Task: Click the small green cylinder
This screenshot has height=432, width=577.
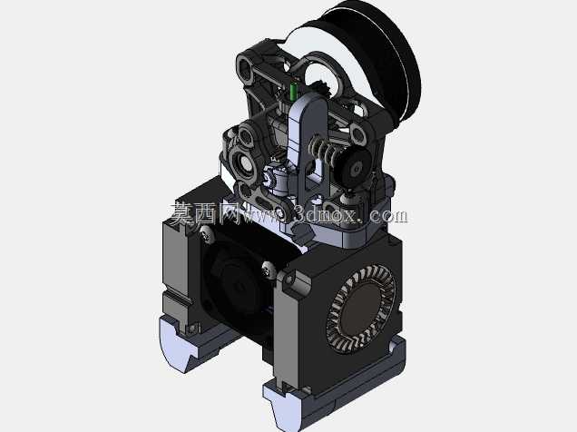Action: click(293, 91)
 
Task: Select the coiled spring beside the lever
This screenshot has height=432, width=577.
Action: click(323, 149)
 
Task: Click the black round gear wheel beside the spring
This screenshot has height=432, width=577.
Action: click(355, 167)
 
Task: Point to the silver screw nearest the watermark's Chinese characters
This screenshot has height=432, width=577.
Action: click(206, 234)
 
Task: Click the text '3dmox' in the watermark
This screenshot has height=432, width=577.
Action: click(326, 216)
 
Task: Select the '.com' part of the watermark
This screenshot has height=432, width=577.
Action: click(386, 216)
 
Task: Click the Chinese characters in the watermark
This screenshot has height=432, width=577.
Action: click(204, 213)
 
